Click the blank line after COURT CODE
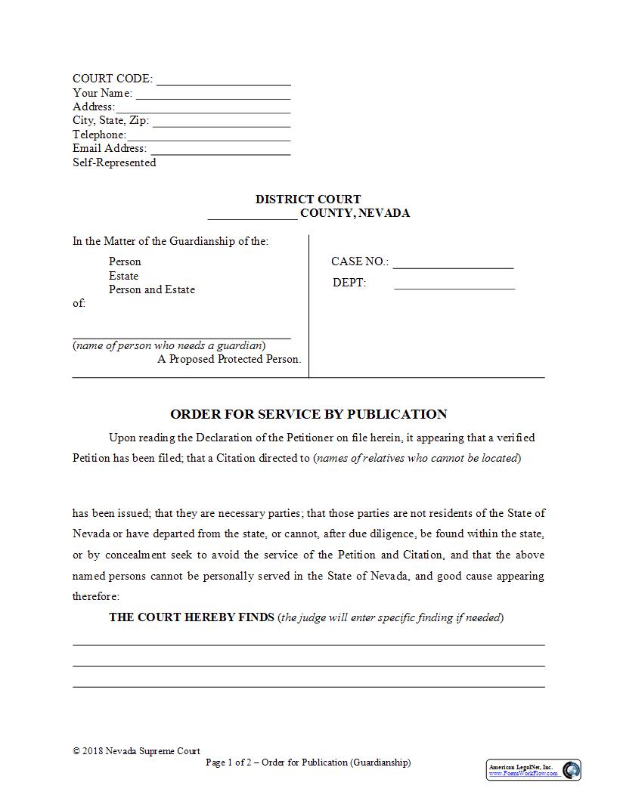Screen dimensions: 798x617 223,80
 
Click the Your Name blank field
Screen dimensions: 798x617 213,94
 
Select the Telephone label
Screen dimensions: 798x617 99,135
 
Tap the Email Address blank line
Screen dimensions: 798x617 220,149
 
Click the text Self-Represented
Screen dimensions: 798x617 114,162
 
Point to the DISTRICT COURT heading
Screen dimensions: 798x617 308,199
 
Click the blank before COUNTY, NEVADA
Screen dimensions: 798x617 253,214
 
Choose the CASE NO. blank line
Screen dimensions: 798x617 453,262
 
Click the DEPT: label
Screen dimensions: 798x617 349,283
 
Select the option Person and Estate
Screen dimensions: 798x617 152,289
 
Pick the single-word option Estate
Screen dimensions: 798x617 123,276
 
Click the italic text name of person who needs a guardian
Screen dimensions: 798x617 169,346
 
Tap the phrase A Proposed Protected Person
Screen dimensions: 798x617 229,359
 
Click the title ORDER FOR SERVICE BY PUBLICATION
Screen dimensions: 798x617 308,414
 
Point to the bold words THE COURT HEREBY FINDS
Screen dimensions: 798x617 191,617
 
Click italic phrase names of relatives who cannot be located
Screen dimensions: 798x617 417,458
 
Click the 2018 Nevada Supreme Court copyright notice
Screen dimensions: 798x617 137,751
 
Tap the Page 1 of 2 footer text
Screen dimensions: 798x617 308,762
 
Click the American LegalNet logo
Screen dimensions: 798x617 534,770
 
